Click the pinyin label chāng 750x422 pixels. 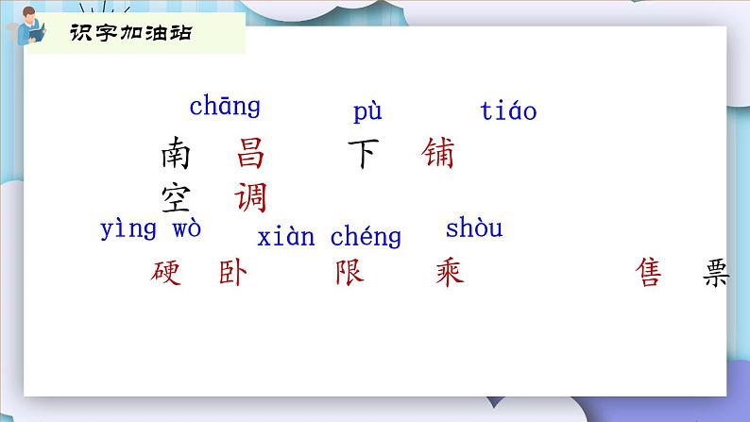coord(225,107)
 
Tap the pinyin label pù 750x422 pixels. coord(367,112)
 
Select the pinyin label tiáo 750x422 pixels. coord(508,111)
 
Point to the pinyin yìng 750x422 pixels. coord(128,229)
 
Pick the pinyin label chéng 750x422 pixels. coord(366,236)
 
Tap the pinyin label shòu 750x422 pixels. coord(474,228)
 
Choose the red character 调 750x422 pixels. coord(251,198)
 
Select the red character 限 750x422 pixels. coord(349,274)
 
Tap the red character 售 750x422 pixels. coord(650,274)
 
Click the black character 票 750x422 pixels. coord(717,274)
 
